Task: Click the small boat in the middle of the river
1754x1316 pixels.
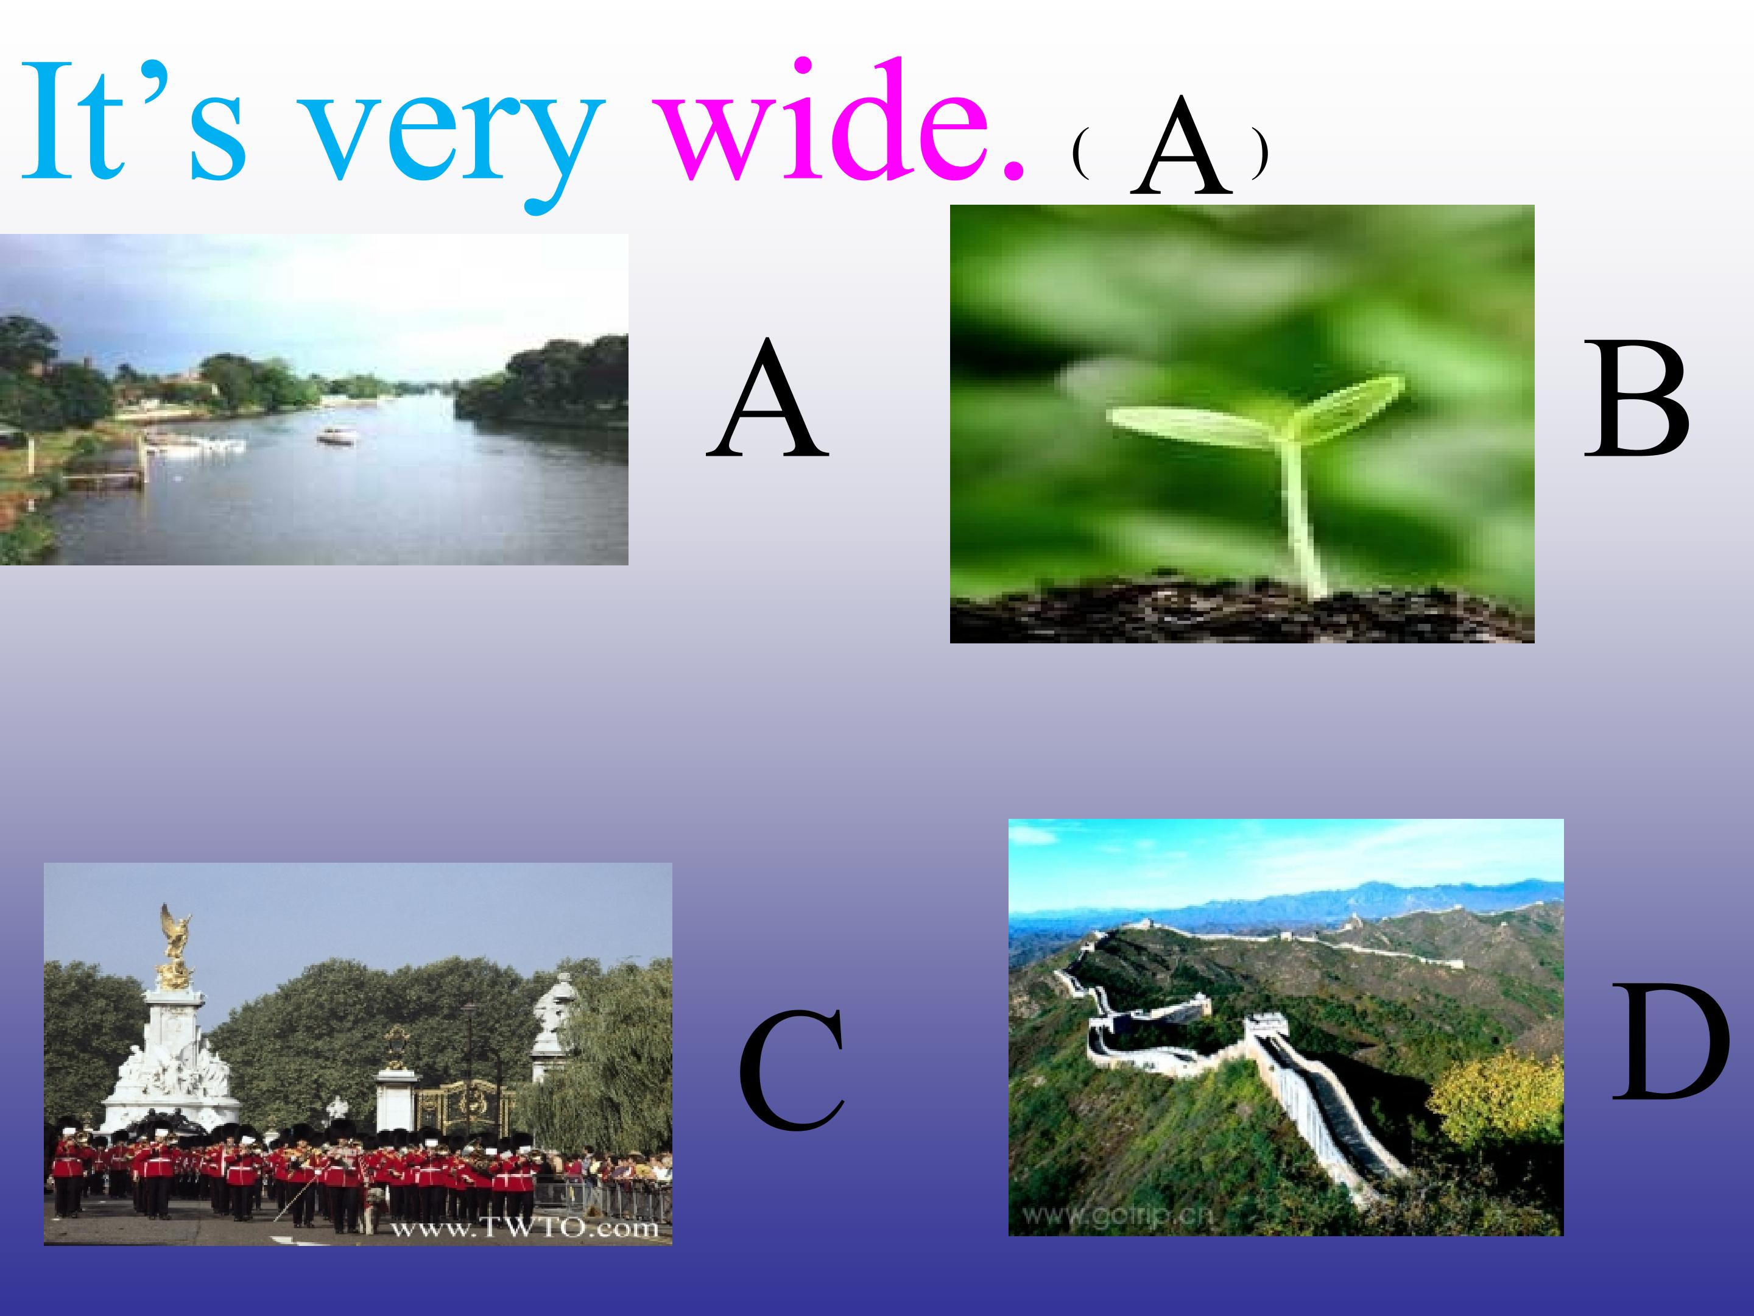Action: coord(336,436)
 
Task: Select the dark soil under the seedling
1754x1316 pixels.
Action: coord(1237,615)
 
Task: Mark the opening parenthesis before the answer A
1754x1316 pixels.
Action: coord(1079,155)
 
